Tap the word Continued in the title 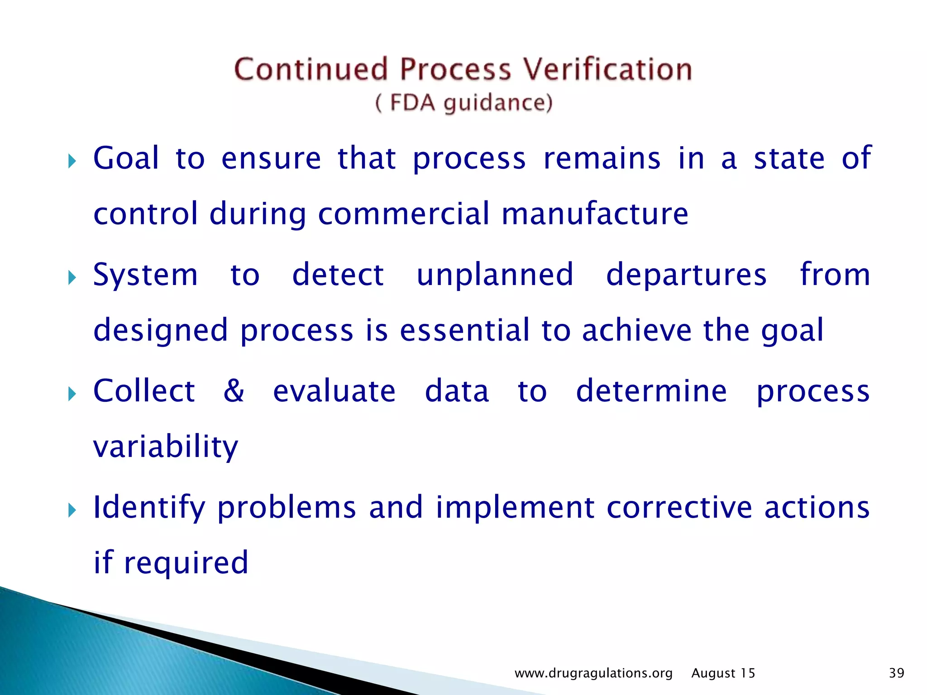[x=311, y=70]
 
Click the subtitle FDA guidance [x=464, y=103]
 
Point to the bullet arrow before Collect [x=72, y=393]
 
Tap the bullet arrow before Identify [x=72, y=510]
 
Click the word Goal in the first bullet [x=126, y=158]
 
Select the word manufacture [x=595, y=214]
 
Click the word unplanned [x=495, y=275]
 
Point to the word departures [x=686, y=275]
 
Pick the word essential [x=464, y=330]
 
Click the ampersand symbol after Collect [x=234, y=390]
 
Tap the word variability [x=166, y=447]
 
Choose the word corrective [x=679, y=507]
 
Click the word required [x=186, y=563]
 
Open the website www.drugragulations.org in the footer [x=593, y=673]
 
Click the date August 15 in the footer [x=723, y=673]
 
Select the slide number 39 [x=896, y=673]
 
